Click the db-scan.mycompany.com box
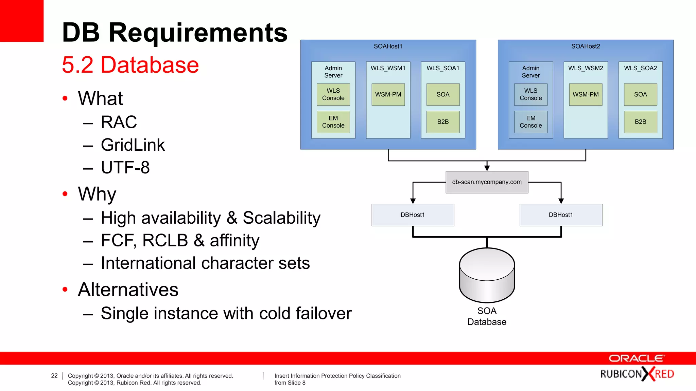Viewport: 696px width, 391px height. [x=487, y=182]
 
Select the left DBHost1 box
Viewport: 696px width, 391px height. [x=413, y=215]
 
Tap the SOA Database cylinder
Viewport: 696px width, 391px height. [x=487, y=275]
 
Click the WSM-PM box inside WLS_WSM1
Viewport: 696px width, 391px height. [x=388, y=94]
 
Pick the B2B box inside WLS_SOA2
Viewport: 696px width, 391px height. [x=640, y=122]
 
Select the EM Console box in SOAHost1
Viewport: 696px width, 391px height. [x=333, y=122]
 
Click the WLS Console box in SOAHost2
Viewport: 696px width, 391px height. [x=530, y=94]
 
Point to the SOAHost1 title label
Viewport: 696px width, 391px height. [x=388, y=46]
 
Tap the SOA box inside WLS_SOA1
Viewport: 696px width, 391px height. [x=443, y=94]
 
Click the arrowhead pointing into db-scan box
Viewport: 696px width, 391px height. [x=487, y=168]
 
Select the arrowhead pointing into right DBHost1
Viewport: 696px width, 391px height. [x=561, y=201]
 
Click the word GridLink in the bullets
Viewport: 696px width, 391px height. [x=133, y=145]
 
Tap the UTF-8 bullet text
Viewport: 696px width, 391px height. [x=125, y=167]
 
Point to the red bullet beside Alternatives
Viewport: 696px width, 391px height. [x=65, y=290]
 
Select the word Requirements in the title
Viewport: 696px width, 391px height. [x=198, y=33]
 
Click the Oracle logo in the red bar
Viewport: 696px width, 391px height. [x=636, y=358]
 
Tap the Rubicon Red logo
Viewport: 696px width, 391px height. [x=637, y=374]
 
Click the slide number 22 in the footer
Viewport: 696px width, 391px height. [x=54, y=376]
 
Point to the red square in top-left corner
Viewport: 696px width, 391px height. [x=21, y=21]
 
